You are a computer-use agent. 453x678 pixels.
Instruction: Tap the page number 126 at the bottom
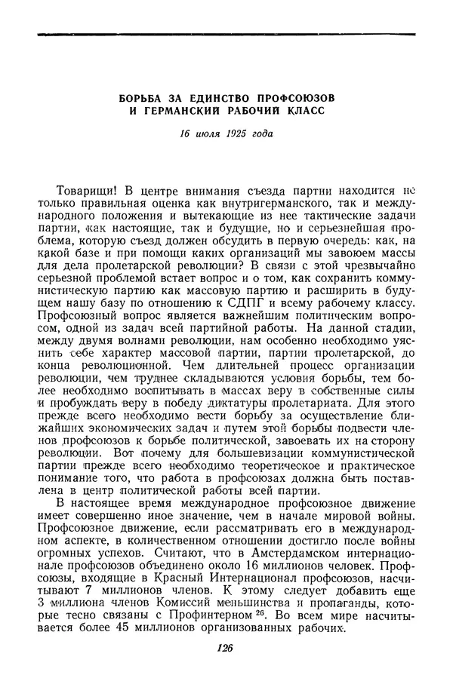pyautogui.click(x=225, y=647)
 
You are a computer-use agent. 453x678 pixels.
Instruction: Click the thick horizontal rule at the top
pyautogui.click(x=226, y=35)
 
